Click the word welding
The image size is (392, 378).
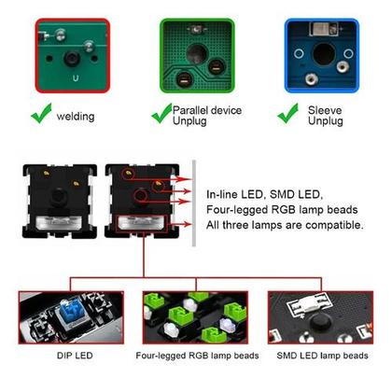(76, 117)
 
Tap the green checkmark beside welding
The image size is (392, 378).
(41, 113)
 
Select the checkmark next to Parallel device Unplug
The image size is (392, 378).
(161, 113)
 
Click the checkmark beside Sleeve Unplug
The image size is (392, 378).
(287, 113)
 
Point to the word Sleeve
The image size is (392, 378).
(325, 110)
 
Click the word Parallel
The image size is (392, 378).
(191, 110)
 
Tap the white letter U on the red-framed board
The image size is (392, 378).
(76, 78)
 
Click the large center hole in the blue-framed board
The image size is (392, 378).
(324, 53)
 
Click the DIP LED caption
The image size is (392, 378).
(75, 356)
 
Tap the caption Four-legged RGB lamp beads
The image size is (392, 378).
(197, 356)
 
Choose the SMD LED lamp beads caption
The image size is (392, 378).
(322, 356)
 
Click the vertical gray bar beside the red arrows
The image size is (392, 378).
(194, 203)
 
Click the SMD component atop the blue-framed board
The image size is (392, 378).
(324, 29)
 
